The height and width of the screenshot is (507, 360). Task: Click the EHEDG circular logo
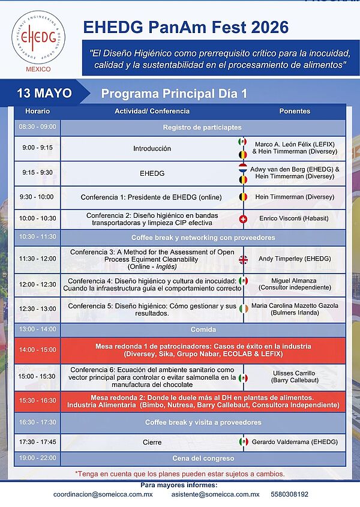[38, 37]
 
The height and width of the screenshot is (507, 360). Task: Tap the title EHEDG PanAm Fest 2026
[185, 27]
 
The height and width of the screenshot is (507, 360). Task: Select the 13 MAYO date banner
[44, 93]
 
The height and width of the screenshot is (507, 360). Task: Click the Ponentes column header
[295, 111]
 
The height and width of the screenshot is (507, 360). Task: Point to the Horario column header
[38, 111]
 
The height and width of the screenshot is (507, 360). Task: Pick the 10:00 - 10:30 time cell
[38, 218]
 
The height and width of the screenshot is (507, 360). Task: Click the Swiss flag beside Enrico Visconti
[243, 219]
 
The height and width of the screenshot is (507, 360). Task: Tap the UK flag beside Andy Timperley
[243, 259]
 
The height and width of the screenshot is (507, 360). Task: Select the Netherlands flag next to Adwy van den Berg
[243, 168]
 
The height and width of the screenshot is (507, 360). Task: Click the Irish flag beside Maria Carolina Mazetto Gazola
[244, 308]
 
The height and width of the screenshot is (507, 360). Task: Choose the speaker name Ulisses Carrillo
[294, 373]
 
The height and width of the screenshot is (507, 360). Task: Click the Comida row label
[203, 329]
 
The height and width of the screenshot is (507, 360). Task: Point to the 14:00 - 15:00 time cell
[38, 350]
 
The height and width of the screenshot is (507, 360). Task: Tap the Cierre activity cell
[152, 442]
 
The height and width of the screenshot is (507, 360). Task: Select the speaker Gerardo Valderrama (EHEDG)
[295, 442]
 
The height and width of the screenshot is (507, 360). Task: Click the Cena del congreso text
[203, 458]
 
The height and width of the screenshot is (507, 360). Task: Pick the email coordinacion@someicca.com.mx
[103, 494]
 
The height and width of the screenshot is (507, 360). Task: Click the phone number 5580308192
[289, 494]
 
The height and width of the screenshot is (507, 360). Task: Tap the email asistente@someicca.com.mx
[215, 494]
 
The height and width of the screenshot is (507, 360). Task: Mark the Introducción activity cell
[152, 149]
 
